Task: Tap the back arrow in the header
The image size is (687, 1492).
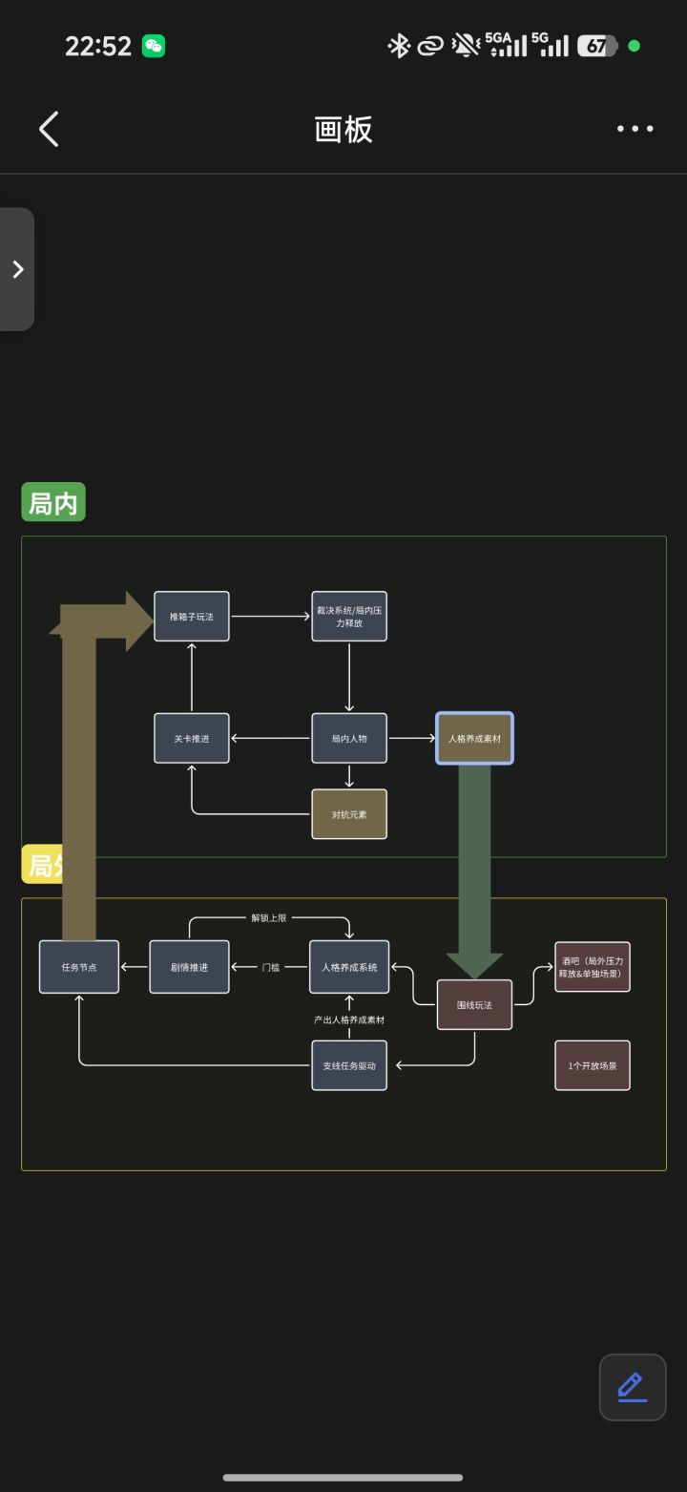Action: pos(49,129)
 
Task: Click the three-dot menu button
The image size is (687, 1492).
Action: pos(635,129)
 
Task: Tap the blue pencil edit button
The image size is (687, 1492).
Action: pos(633,1387)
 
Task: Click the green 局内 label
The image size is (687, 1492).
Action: pos(53,503)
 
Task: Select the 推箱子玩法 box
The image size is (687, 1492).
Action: pos(192,617)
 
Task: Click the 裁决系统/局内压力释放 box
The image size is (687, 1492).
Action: pos(349,617)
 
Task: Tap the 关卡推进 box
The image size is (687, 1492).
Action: pos(192,738)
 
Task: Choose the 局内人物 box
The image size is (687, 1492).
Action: pos(349,738)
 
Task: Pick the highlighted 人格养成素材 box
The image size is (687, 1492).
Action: pos(474,738)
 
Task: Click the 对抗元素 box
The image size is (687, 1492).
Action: pos(349,814)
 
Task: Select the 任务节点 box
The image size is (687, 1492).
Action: pos(79,967)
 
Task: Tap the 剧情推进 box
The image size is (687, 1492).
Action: pos(189,967)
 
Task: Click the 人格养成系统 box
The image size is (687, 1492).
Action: pos(349,967)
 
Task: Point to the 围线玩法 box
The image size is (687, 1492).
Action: pos(474,1004)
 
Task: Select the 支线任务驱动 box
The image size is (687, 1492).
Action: pos(349,1065)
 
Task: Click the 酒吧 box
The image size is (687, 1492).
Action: pos(593,967)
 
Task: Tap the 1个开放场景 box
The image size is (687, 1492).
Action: pos(593,1065)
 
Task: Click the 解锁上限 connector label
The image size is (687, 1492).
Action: pos(268,918)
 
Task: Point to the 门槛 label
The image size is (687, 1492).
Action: pos(271,967)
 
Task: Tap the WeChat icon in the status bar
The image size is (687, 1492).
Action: pos(154,46)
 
